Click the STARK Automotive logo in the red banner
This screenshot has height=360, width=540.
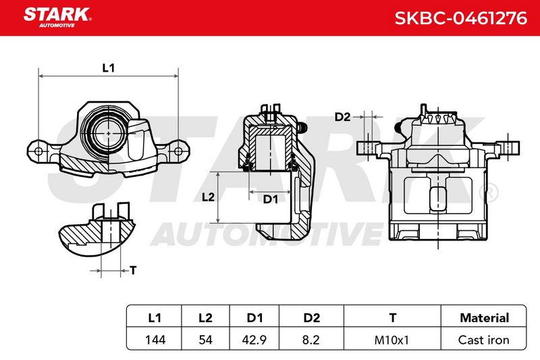(x=57, y=18)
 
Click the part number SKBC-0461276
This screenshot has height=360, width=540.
(x=461, y=18)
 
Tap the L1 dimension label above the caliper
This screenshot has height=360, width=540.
(x=109, y=68)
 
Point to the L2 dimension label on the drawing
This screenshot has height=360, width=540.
(x=208, y=197)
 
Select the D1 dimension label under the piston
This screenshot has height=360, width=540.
(x=271, y=199)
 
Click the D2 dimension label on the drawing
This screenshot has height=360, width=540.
(x=342, y=117)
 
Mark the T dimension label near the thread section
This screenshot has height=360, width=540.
(x=133, y=270)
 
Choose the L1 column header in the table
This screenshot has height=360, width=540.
(x=155, y=317)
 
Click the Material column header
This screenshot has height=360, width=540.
(x=484, y=317)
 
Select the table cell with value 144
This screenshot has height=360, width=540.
(x=155, y=340)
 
